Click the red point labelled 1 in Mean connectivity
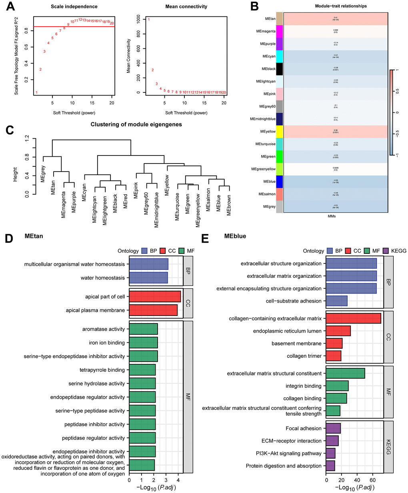(x=148, y=20)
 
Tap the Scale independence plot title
(x=74, y=7)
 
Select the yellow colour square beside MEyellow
(x=279, y=132)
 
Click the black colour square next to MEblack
(x=279, y=69)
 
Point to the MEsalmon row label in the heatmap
(x=265, y=194)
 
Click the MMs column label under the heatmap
(x=332, y=216)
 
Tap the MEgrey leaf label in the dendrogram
(x=43, y=174)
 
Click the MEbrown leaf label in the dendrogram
(x=229, y=205)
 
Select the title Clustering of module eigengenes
(x=136, y=124)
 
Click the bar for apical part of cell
(x=155, y=297)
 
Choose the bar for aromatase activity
(x=143, y=329)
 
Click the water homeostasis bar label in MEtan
(x=103, y=278)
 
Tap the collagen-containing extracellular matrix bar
(x=353, y=319)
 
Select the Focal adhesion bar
(x=333, y=428)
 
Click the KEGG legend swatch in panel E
(x=386, y=251)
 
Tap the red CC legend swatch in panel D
(x=163, y=251)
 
